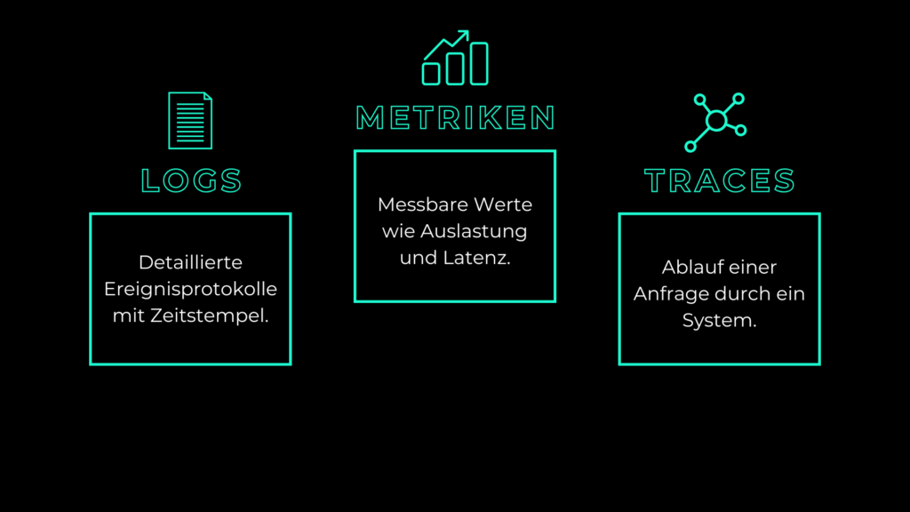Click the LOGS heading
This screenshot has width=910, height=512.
191,180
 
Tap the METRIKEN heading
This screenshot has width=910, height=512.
455,117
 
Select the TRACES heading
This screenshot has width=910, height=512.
719,180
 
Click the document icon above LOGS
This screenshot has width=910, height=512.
190,121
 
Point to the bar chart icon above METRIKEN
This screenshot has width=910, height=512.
455,58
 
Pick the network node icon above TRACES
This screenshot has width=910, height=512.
715,123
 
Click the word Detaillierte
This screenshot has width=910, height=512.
190,262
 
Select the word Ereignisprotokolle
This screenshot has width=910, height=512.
190,289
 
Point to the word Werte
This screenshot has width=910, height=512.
503,204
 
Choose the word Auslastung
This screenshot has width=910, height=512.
474,231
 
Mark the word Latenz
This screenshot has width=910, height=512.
476,258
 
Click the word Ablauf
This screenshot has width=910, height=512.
690,267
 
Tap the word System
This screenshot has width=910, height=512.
719,320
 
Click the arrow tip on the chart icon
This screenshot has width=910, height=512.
467,32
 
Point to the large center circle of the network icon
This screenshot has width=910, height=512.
717,121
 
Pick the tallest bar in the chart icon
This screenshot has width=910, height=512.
479,64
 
